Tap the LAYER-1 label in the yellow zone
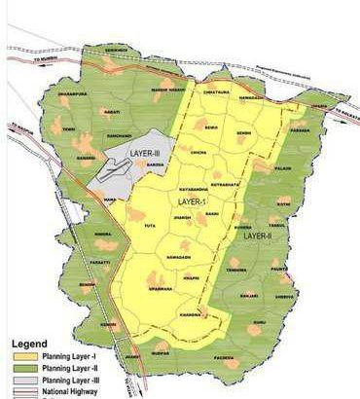coord(194,201)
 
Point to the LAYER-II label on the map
coord(257,236)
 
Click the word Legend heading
coord(29,345)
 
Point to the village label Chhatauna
coord(216,92)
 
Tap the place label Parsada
coord(299,129)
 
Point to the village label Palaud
coord(283,168)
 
